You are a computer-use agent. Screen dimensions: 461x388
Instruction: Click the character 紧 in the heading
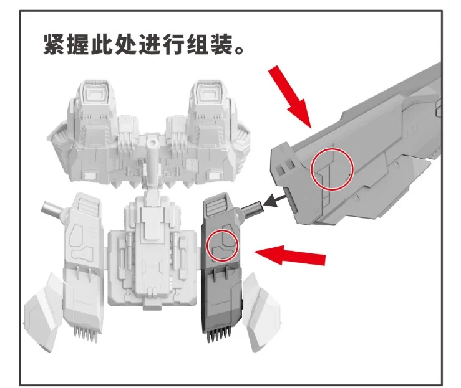coord(54,44)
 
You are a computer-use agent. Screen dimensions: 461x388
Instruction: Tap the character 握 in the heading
coord(78,44)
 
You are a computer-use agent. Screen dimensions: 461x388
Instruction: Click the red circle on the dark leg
coord(222,245)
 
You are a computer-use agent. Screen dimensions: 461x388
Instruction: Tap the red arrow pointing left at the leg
coord(289,255)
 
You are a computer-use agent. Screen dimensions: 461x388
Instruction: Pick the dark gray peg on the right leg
coord(251,209)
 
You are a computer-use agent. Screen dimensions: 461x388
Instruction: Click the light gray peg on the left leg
coord(51,209)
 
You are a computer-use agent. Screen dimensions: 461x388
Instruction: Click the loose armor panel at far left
coord(43,312)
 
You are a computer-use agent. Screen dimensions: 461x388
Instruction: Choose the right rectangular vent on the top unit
coord(210,93)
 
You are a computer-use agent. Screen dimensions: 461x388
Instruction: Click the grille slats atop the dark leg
coord(216,206)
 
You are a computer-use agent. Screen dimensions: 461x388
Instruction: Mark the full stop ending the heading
coord(240,50)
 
